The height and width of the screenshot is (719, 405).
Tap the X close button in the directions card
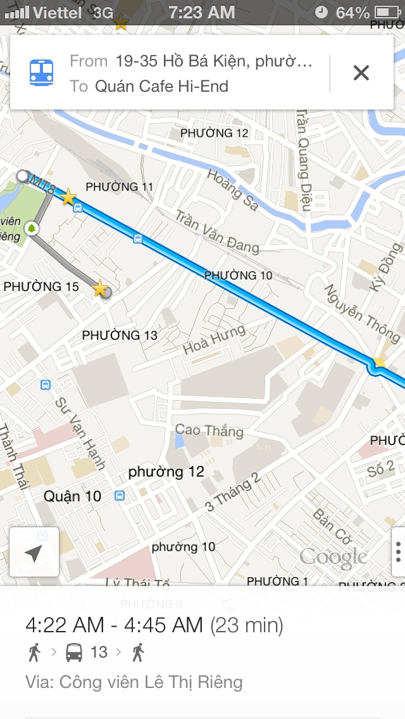coord(361,73)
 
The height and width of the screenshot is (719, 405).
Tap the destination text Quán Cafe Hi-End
coord(161,86)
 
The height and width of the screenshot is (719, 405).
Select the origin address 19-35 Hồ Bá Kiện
coord(214,61)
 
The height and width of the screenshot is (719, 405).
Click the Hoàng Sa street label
coord(232,184)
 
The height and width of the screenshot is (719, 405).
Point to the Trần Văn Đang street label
coord(216,231)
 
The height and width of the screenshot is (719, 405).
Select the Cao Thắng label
coord(209,430)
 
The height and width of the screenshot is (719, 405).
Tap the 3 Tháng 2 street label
coord(232,492)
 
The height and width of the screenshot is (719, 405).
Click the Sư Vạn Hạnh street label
coord(80,433)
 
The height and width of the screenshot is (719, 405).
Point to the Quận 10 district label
coord(72,496)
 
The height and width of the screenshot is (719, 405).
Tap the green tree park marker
coord(31,228)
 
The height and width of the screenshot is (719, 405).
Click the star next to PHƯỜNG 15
coord(100,289)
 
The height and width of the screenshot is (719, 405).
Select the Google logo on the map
coord(333,557)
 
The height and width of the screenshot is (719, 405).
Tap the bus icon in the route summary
coord(74,652)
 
